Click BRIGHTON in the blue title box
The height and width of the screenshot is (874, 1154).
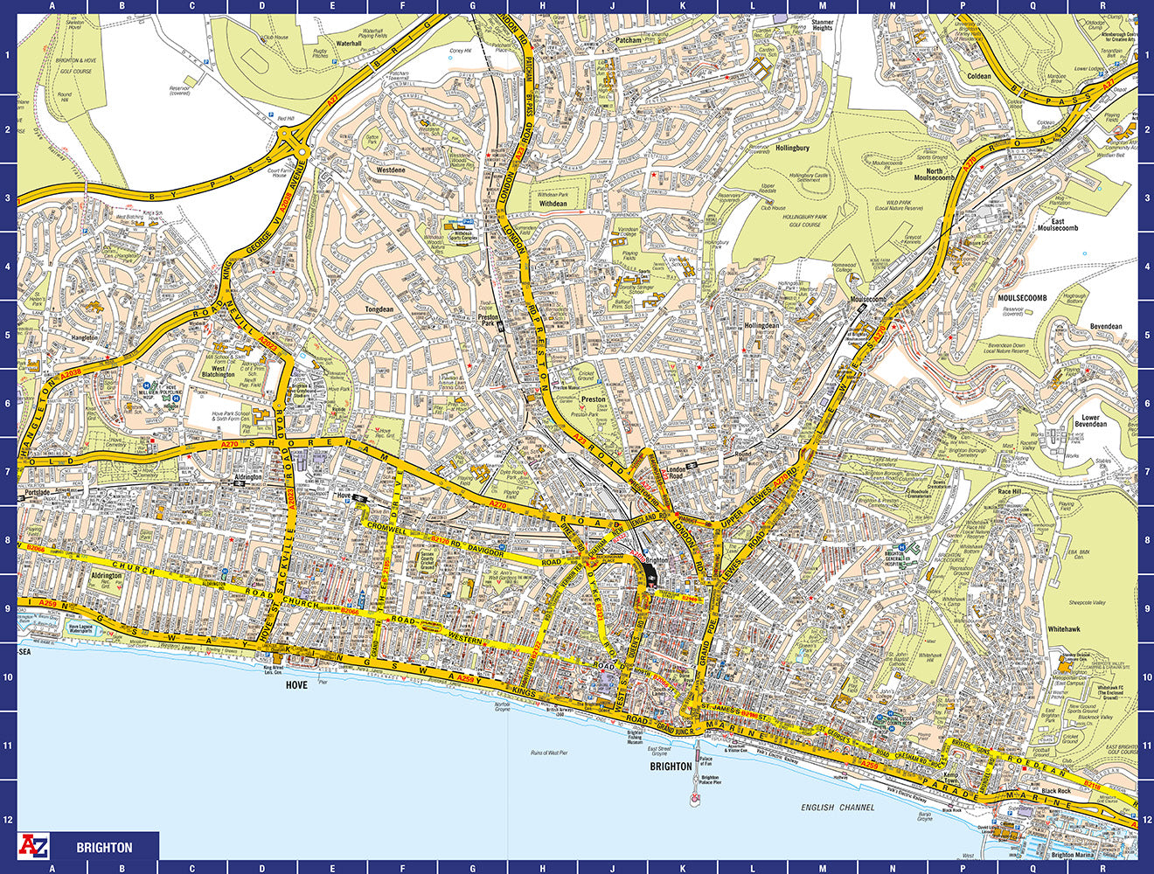tap(104, 847)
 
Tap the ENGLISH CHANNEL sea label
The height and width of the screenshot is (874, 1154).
tap(838, 808)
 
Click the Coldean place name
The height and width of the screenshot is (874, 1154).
tap(979, 76)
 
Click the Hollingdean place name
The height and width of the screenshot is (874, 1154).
tap(761, 325)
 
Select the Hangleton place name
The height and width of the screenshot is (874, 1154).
tap(85, 336)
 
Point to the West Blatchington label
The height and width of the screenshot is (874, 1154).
tap(218, 371)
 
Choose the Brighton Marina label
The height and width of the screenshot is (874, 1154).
tap(1074, 856)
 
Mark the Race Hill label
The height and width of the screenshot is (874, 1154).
tap(1010, 491)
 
